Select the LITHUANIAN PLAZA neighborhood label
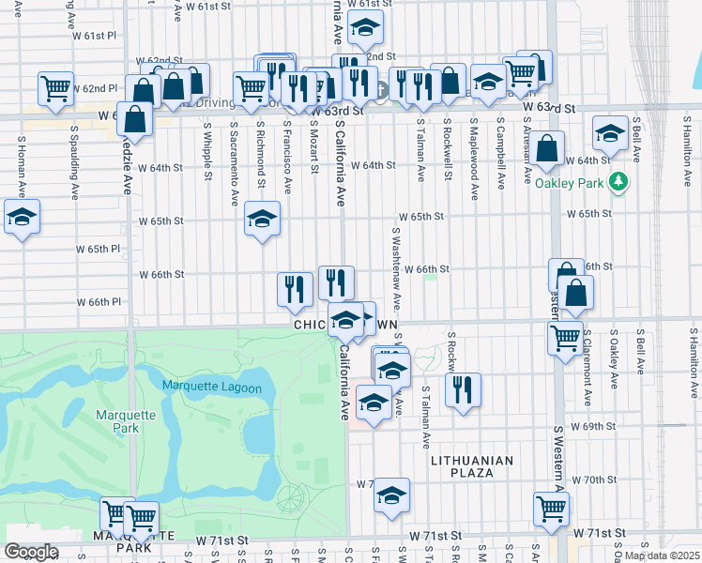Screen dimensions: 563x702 tap(471, 466)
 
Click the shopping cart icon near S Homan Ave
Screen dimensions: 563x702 tap(56, 88)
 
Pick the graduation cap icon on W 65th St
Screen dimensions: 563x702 tap(262, 220)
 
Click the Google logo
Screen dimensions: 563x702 tap(31, 551)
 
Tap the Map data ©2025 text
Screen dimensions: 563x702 tap(662, 555)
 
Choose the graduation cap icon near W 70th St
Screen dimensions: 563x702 tap(392, 495)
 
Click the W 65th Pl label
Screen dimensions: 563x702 tap(99, 250)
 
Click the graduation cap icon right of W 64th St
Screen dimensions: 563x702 tap(610, 135)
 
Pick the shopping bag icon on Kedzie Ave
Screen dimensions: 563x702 tap(135, 120)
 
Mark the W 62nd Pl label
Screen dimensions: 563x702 tap(99, 88)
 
